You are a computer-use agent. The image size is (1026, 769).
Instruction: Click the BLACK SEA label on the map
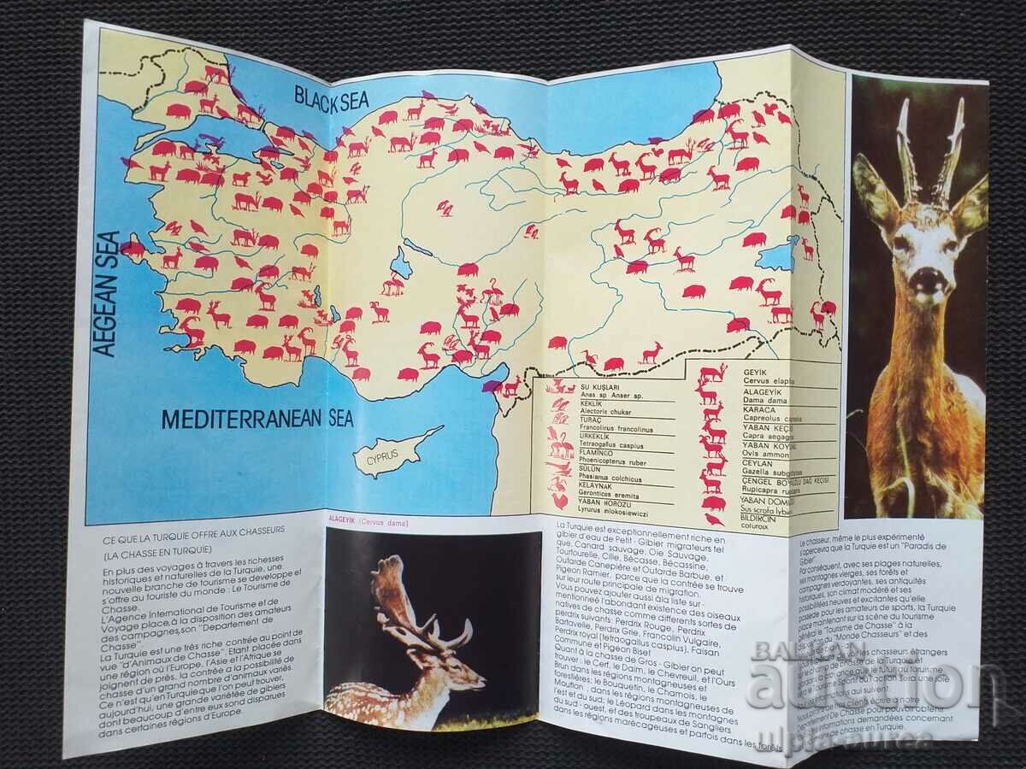[x=332, y=97]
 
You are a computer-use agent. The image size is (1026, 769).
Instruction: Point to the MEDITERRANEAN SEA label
[x=257, y=420]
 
